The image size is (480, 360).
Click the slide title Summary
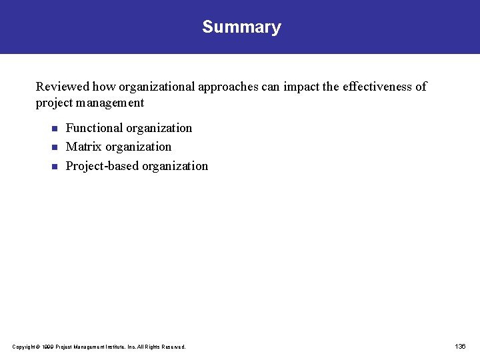241,27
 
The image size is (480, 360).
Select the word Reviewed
63,87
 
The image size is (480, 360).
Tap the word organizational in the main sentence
157,87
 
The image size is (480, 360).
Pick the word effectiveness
377,87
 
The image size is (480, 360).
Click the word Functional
94,128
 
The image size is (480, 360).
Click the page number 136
460,347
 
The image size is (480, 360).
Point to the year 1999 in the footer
47,347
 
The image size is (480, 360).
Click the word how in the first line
104,87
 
